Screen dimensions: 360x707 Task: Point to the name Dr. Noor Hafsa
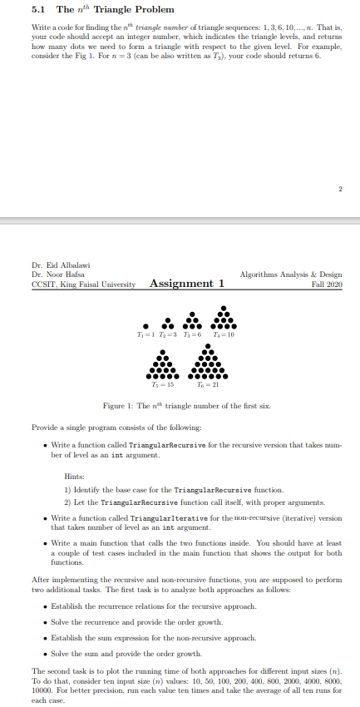click(48, 274)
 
